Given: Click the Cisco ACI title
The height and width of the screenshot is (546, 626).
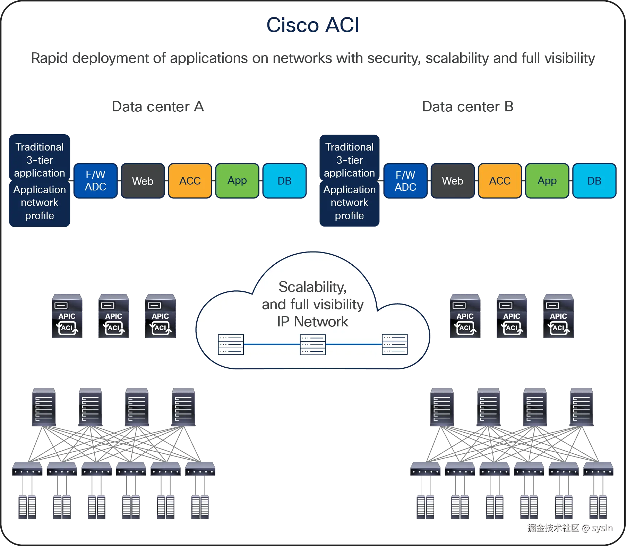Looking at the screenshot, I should click(x=313, y=25).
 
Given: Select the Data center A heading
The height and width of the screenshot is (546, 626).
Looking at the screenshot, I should click(x=158, y=107).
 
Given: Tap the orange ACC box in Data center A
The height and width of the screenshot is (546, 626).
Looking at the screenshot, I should click(x=190, y=180).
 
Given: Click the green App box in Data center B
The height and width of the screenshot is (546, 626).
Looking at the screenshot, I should click(x=547, y=181).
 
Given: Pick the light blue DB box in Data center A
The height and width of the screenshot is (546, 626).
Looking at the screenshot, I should click(x=284, y=180).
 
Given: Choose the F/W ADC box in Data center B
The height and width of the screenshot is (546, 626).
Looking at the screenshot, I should click(x=405, y=181).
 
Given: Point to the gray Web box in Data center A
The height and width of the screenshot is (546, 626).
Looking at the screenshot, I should click(x=143, y=181).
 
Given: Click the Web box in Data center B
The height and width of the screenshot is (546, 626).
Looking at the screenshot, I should click(x=452, y=181).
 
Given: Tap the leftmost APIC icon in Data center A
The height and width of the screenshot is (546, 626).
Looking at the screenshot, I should click(x=67, y=315).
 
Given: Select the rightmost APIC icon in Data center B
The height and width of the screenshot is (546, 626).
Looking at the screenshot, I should click(x=558, y=315).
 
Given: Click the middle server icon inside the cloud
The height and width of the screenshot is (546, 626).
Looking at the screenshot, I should click(x=312, y=344).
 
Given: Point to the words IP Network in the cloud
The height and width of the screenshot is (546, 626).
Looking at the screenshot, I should click(x=312, y=322).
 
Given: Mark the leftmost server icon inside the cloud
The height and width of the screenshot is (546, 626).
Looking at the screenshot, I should click(x=231, y=344).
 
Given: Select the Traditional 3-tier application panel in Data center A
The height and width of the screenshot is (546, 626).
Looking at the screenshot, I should click(x=40, y=160).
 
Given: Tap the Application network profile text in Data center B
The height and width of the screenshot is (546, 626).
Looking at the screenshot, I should click(x=349, y=203).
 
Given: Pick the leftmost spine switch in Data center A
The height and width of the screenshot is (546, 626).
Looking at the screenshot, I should click(x=44, y=407).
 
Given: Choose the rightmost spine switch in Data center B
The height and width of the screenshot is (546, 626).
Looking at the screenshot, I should click(x=581, y=407).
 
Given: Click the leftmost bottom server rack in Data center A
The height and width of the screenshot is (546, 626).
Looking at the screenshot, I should click(x=27, y=506).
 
